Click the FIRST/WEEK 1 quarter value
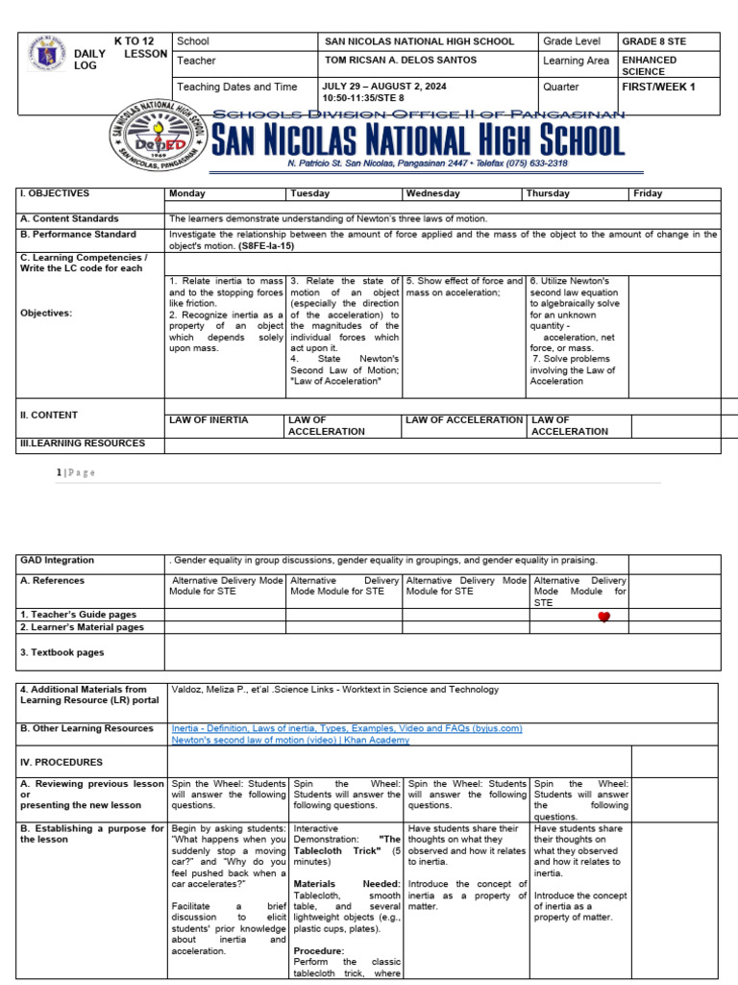coord(658,87)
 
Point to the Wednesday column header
coord(432,193)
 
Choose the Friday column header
coord(648,193)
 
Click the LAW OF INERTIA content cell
coord(209,420)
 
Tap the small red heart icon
coord(603,618)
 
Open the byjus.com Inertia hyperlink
coord(346,728)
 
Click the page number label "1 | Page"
coord(75,472)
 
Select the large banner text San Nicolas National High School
coord(417,141)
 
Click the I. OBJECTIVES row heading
coord(55,193)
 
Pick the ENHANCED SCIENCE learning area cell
coord(650,65)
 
